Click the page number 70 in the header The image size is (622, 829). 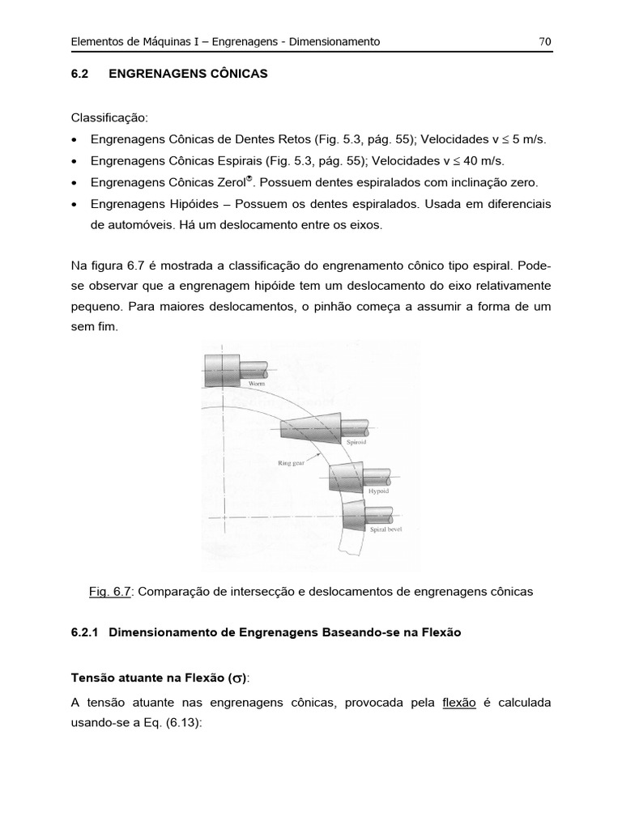point(545,41)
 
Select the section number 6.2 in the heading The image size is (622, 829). point(79,74)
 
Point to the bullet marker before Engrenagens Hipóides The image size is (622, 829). point(75,206)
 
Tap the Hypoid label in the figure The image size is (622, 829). point(379,491)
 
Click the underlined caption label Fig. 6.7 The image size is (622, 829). point(110,592)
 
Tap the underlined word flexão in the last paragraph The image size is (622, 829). point(458,703)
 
